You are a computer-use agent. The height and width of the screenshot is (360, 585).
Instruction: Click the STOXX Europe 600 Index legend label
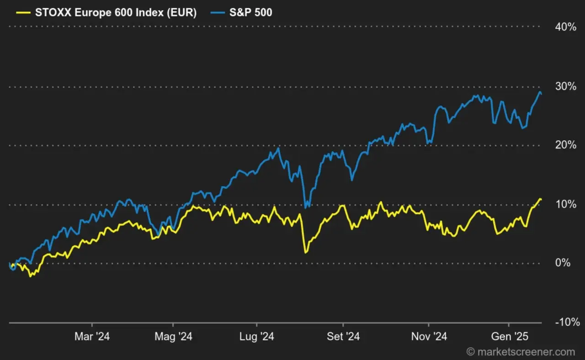pos(116,13)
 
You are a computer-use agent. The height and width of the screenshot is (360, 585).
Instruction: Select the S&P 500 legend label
pos(250,13)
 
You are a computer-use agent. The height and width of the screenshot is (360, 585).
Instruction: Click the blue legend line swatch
pos(217,13)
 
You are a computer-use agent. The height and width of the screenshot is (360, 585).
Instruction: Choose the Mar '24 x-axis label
pos(92,337)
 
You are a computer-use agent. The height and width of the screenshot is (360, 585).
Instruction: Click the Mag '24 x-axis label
pos(173,337)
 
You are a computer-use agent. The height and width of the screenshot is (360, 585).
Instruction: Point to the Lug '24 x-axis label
pos(256,337)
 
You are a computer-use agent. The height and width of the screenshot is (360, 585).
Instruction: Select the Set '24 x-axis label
pos(343,337)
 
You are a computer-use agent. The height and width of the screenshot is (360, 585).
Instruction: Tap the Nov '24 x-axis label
pos(429,337)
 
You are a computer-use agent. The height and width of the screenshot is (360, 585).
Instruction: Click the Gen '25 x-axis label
pos(510,337)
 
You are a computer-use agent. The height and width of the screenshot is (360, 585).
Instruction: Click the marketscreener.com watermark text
pos(521,352)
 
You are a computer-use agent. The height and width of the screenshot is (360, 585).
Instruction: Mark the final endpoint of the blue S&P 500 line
pos(542,94)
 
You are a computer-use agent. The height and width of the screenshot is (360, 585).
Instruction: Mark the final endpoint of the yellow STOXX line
pos(542,200)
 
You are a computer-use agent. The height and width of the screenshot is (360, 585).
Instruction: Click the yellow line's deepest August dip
pos(305,252)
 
